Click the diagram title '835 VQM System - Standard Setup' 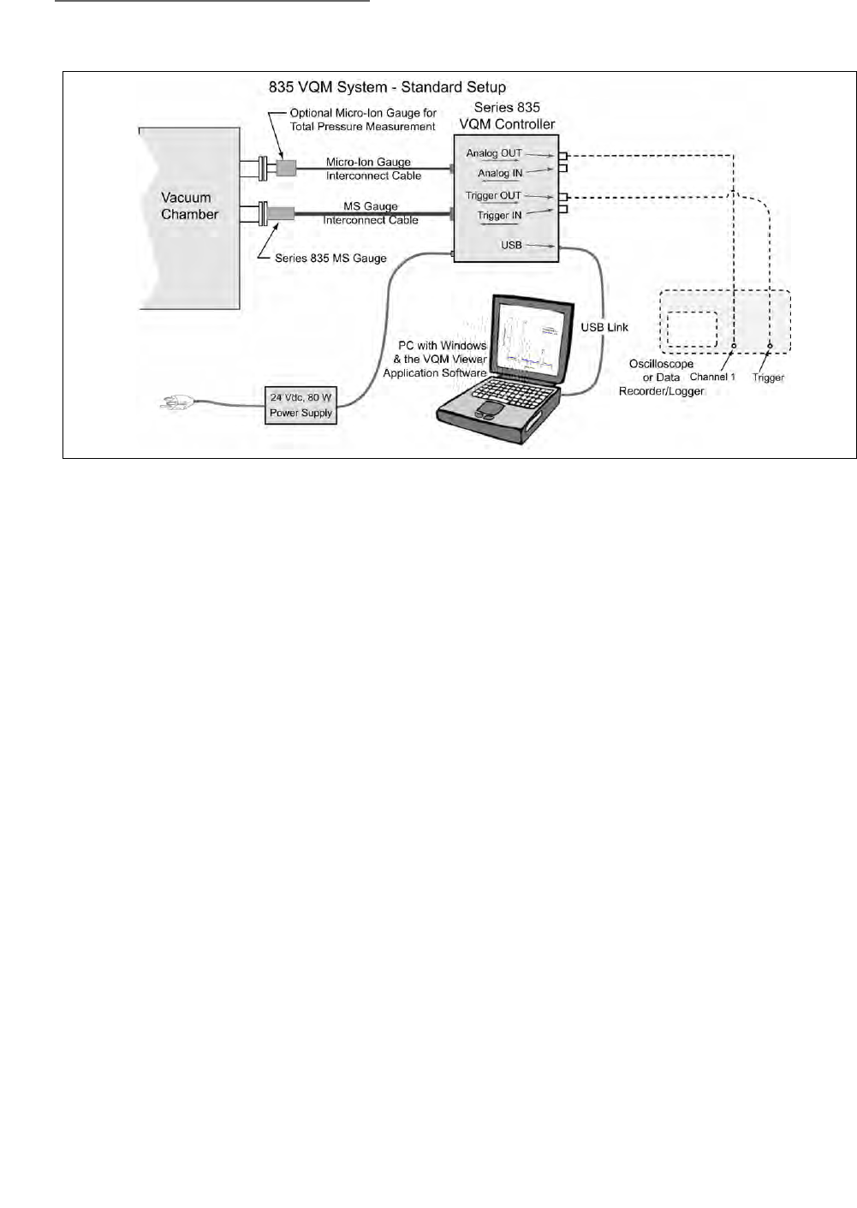pyautogui.click(x=387, y=87)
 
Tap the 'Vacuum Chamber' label pyautogui.click(x=189, y=206)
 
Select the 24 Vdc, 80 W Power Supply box pyautogui.click(x=301, y=406)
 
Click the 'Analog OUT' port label pyautogui.click(x=494, y=153)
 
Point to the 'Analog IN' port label pyautogui.click(x=500, y=173)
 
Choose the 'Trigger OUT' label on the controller pyautogui.click(x=493, y=196)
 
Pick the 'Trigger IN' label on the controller pyautogui.click(x=499, y=216)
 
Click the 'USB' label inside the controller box pyautogui.click(x=511, y=245)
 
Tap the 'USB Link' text pyautogui.click(x=604, y=327)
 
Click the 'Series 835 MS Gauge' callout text pyautogui.click(x=330, y=259)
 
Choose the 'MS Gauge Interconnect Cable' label pyautogui.click(x=371, y=213)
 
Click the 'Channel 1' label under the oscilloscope pyautogui.click(x=712, y=377)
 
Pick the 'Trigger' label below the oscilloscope pyautogui.click(x=768, y=378)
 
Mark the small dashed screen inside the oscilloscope pyautogui.click(x=692, y=330)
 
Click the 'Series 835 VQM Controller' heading pyautogui.click(x=507, y=116)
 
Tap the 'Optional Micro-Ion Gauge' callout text pyautogui.click(x=363, y=120)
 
